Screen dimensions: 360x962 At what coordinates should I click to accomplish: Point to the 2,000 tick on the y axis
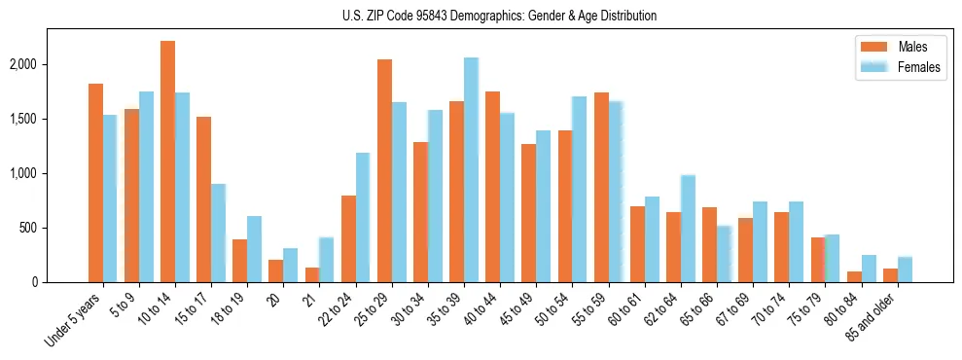(51, 64)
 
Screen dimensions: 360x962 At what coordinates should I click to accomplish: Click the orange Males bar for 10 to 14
(168, 162)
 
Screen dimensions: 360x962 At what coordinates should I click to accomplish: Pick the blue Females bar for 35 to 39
(472, 170)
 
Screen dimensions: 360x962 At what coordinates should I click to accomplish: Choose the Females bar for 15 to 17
(219, 234)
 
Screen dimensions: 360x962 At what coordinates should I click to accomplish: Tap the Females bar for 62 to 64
(689, 229)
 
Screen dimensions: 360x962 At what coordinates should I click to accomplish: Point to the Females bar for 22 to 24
(364, 218)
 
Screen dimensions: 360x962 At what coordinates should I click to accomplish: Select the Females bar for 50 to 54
(580, 190)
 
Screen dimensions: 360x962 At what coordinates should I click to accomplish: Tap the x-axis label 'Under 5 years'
(74, 322)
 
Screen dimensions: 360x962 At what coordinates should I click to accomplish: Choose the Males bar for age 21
(312, 275)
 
